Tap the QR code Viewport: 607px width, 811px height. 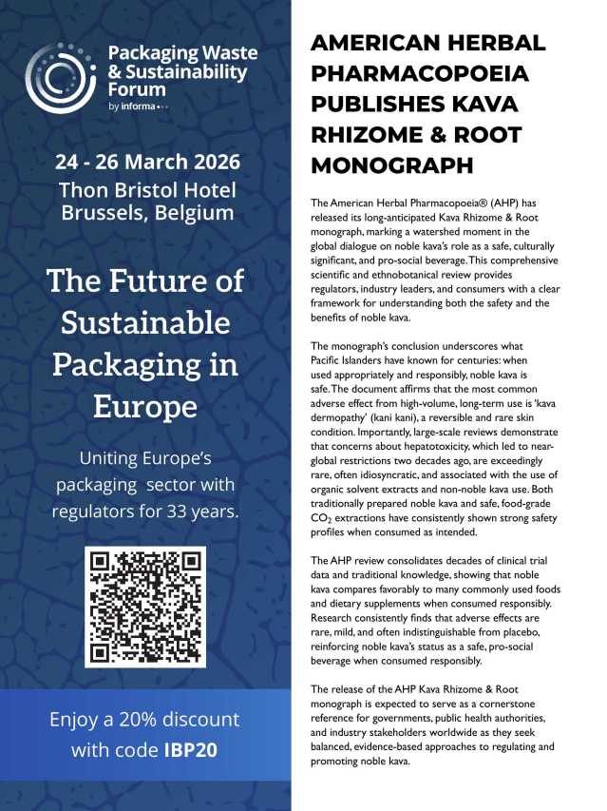point(145,607)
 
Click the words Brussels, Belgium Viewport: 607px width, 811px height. point(146,213)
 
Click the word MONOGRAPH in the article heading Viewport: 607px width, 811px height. point(392,164)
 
